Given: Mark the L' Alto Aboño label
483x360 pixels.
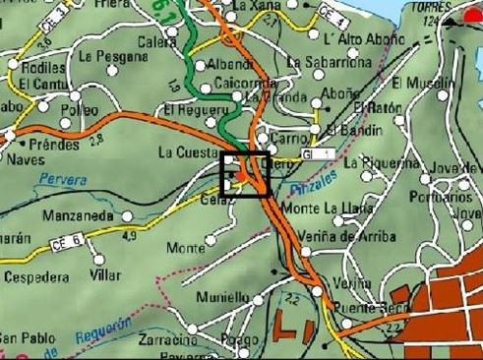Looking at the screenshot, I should [x=336, y=39].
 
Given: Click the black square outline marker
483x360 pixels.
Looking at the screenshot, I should [x=246, y=176].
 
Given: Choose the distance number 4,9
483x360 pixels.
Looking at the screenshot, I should [x=129, y=236].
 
